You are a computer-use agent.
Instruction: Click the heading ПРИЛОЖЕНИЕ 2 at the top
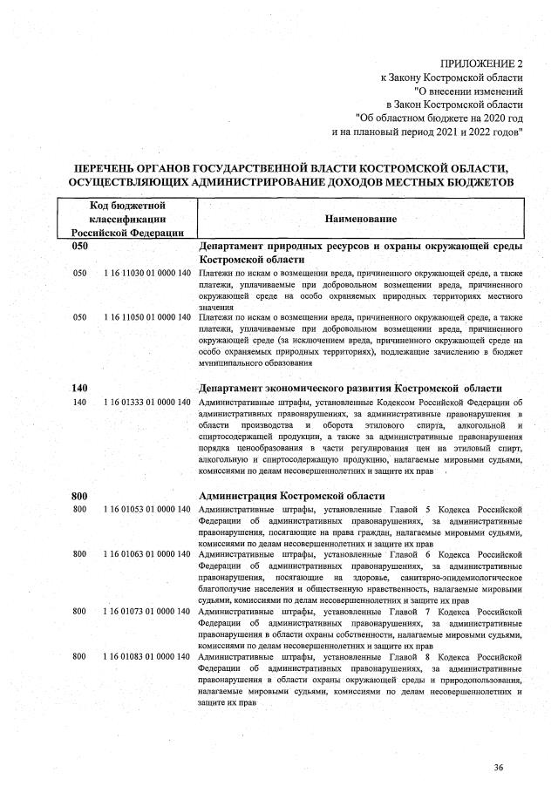click(x=480, y=64)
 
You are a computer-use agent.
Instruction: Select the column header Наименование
click(x=361, y=219)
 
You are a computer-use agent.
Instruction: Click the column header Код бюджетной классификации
click(x=127, y=218)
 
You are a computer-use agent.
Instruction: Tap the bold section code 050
click(x=80, y=247)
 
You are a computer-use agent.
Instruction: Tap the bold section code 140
click(x=80, y=387)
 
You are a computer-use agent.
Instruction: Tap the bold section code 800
click(x=80, y=495)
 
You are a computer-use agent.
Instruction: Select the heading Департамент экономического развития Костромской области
click(x=350, y=387)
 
